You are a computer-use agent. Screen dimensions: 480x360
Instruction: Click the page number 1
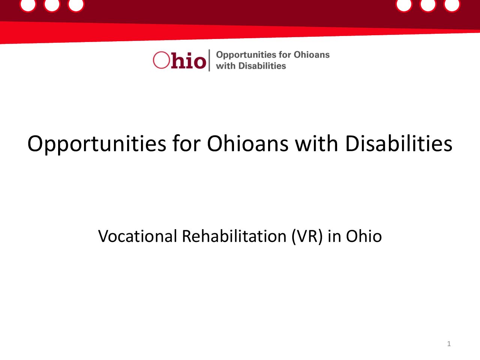(x=449, y=344)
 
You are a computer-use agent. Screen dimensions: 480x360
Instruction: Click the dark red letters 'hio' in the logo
(x=189, y=60)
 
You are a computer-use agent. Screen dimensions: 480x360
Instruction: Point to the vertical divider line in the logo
(x=209, y=60)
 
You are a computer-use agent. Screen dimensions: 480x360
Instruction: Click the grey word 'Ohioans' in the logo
(x=312, y=55)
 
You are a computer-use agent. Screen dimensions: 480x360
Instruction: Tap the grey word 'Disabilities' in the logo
(x=262, y=66)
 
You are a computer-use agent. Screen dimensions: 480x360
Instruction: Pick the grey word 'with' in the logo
(x=226, y=66)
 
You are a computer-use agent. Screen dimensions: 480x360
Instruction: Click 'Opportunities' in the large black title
(x=97, y=144)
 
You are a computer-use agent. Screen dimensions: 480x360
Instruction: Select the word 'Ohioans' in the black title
(x=247, y=143)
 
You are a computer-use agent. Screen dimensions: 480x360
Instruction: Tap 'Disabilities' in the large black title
(x=399, y=143)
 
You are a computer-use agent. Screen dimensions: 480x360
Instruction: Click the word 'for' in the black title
(x=186, y=143)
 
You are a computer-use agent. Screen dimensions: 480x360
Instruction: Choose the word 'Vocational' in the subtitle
(x=138, y=236)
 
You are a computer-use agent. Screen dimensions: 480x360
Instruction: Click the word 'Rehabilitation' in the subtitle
(x=234, y=236)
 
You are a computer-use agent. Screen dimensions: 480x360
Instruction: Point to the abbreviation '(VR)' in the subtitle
(x=307, y=237)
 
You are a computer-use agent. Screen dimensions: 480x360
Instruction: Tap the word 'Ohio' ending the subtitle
(x=364, y=236)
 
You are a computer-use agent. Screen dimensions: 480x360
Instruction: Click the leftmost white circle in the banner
(x=28, y=4)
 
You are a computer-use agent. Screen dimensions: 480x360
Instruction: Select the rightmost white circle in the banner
(x=452, y=4)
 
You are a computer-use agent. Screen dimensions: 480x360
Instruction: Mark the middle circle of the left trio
(x=52, y=4)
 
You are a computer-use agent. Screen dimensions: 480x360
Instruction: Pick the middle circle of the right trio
(x=428, y=4)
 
